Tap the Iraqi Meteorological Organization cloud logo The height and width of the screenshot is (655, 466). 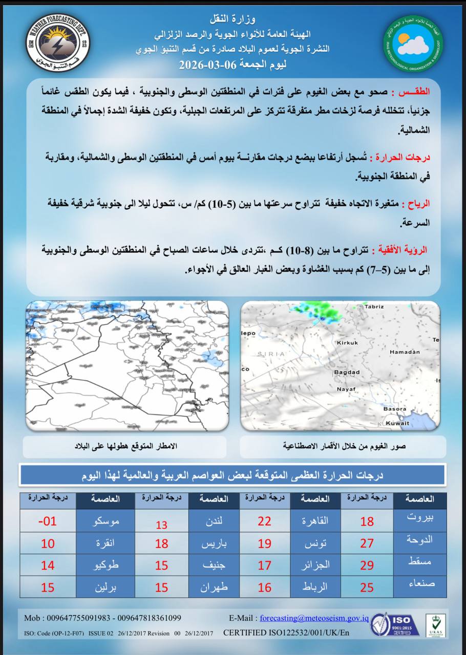[413, 43]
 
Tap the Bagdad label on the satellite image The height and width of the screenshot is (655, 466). [347, 372]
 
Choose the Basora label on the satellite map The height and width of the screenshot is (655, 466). [394, 409]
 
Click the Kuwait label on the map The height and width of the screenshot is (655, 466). [397, 423]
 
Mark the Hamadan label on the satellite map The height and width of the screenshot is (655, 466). [405, 352]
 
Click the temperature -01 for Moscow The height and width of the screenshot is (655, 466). [48, 521]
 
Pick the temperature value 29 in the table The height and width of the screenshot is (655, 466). [367, 565]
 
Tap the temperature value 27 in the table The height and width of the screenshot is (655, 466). [367, 543]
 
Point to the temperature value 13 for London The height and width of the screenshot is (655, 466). [162, 525]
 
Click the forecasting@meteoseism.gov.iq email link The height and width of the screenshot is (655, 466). [314, 618]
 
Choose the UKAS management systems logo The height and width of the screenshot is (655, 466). [436, 625]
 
